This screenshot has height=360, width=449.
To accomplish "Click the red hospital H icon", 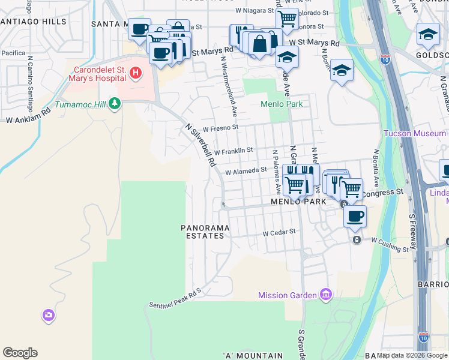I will [136, 73].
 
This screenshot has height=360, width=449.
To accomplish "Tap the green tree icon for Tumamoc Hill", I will [114, 104].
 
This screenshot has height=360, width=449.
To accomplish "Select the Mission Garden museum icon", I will [326, 294].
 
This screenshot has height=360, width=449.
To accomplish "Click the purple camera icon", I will [49, 314].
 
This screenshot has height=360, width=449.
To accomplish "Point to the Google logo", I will [20, 353].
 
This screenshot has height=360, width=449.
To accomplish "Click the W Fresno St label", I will [220, 128].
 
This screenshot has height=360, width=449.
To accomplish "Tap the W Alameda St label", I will [246, 170].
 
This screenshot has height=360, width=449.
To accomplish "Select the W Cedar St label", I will [279, 232].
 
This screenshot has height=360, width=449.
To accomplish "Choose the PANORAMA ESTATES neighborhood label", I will [203, 232].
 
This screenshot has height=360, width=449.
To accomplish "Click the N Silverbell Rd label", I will [200, 145].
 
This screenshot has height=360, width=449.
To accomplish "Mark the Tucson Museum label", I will [415, 133].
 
